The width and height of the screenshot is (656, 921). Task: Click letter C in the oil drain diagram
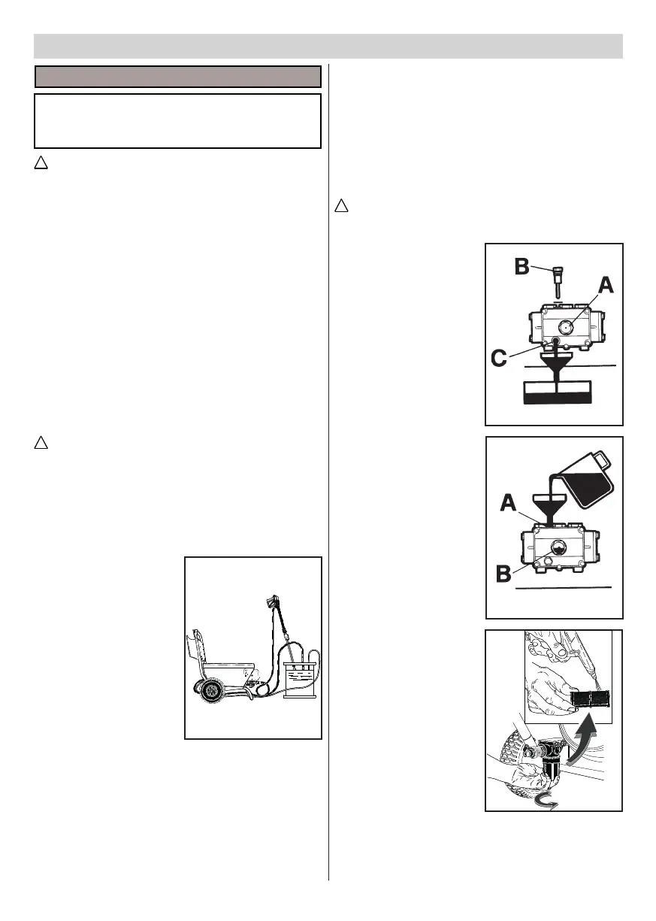pyautogui.click(x=499, y=360)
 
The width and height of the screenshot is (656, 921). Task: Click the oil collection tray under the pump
pyautogui.click(x=557, y=392)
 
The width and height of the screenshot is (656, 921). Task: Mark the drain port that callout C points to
pyautogui.click(x=555, y=343)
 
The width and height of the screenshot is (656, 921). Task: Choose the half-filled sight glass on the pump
pyautogui.click(x=558, y=547)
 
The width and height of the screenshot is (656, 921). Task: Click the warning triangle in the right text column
pyautogui.click(x=342, y=205)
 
